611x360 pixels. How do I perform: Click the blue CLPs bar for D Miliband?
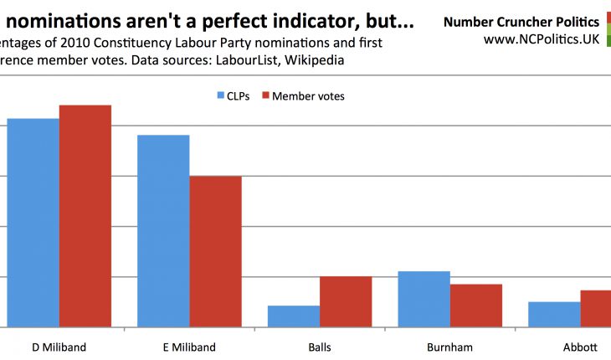coord(33,223)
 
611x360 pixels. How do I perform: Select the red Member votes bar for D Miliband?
coord(85,216)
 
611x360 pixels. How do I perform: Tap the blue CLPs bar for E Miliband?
coord(163,231)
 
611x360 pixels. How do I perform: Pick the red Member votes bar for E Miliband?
coord(215,251)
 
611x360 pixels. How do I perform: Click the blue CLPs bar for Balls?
coord(294,316)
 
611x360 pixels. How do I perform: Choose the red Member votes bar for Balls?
coord(346,301)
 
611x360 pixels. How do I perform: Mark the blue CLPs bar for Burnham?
coord(424,299)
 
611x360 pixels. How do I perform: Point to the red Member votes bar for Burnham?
coord(476,306)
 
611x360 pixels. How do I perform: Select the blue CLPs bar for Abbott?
coord(554,314)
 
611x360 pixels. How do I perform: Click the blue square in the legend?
coord(221,95)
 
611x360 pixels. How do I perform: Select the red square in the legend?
coord(266,95)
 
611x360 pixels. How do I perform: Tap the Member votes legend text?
coord(308,96)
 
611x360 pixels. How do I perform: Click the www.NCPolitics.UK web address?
coord(542,39)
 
